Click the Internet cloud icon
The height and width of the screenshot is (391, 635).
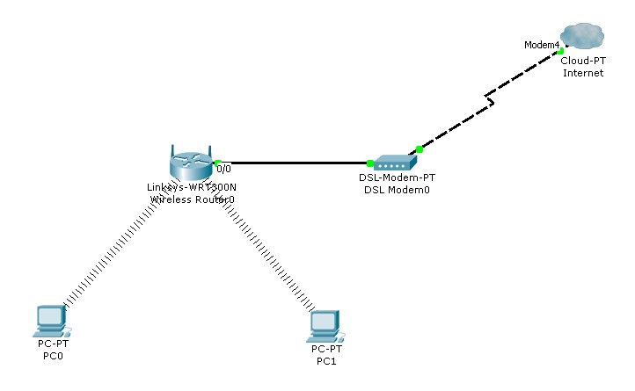tap(582, 36)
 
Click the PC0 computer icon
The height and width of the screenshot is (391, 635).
tap(52, 321)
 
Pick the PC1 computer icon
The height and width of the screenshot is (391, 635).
tap(325, 326)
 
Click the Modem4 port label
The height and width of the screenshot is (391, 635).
tap(541, 44)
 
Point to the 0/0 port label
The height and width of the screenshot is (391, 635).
tap(224, 169)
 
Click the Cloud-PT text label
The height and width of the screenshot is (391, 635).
tap(582, 61)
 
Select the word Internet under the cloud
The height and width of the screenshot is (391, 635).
tap(582, 73)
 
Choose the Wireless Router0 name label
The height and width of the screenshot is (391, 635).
tap(191, 199)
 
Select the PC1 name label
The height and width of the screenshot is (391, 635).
tap(326, 361)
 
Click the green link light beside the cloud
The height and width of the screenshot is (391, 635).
tap(560, 52)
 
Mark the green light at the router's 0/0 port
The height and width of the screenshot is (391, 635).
tap(216, 163)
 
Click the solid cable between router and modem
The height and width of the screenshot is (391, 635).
tap(295, 163)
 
